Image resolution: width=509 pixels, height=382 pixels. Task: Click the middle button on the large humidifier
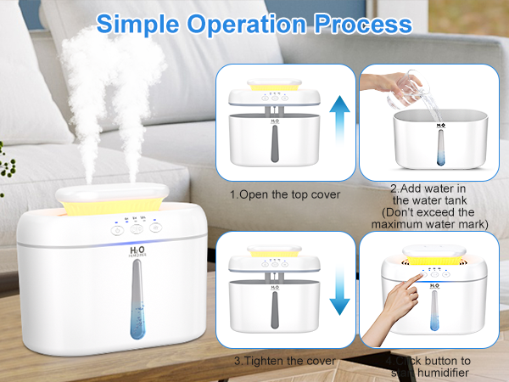pos(136,228)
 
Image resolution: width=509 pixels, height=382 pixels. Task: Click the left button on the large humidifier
pos(115,228)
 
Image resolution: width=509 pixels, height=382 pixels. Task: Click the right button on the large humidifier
pos(156,228)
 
